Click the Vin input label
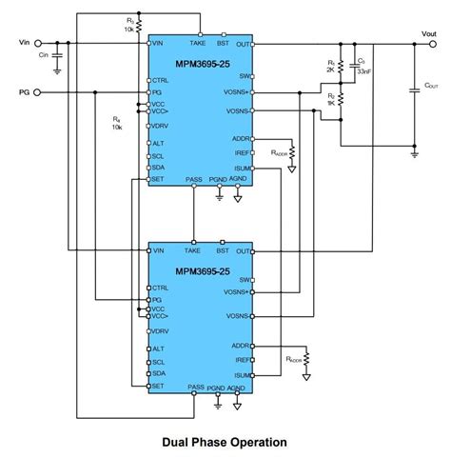pos(26,42)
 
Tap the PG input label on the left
pos(25,92)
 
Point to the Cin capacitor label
pos(43,55)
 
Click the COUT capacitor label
pos(430,86)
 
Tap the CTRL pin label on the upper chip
pos(161,80)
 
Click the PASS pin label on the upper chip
pos(194,178)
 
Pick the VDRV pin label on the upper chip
pos(159,126)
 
